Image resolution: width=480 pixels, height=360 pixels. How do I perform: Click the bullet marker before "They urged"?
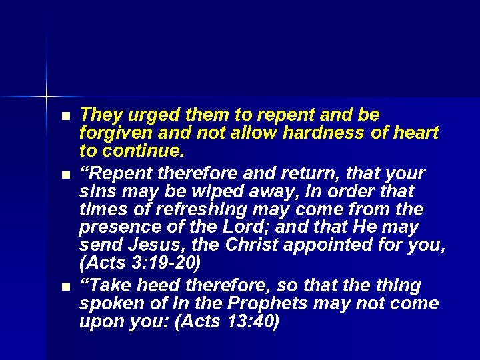click(64, 117)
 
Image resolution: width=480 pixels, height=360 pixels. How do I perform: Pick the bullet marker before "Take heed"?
click(64, 287)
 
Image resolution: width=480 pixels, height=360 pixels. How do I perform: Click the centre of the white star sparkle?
click(47, 97)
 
